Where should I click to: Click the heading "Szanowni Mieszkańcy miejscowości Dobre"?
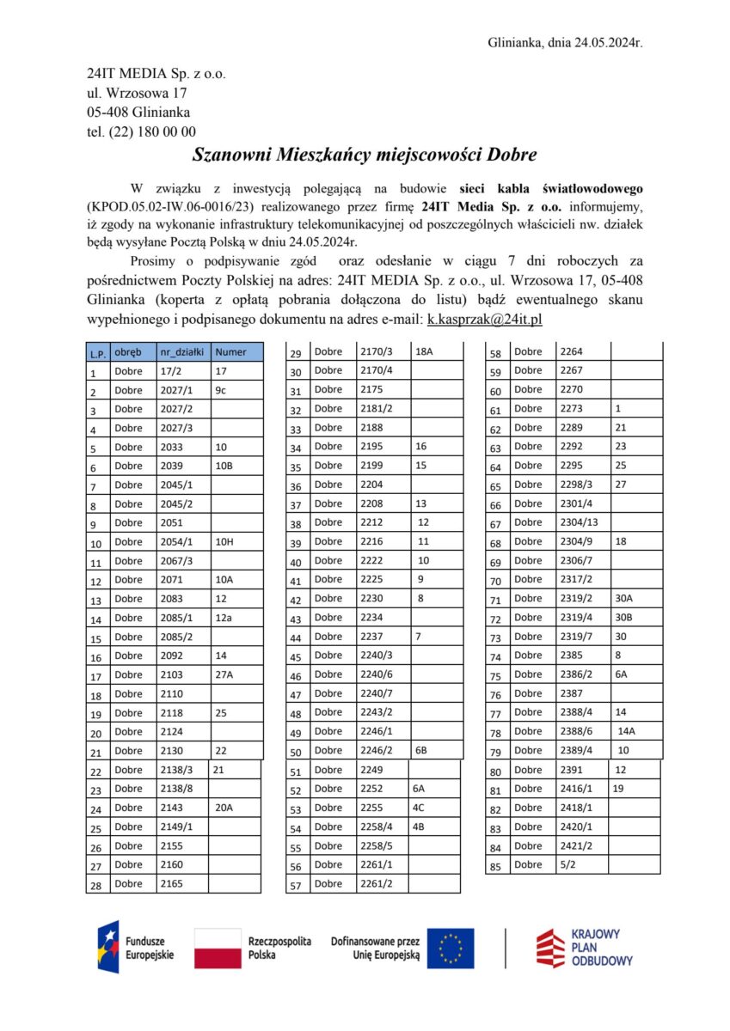365,156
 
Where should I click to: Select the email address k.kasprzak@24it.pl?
484,319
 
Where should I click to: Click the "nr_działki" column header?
181,351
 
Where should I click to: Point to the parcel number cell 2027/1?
177,390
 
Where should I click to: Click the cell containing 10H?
224,542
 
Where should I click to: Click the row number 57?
296,885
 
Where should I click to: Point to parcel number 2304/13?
579,522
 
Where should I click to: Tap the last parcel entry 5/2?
568,864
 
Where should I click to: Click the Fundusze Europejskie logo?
137,947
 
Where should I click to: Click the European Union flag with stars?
451,949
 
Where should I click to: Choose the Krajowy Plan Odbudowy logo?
585,948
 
